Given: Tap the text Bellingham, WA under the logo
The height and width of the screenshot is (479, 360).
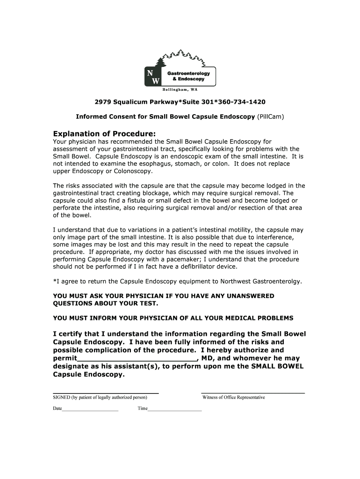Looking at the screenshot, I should [180, 89].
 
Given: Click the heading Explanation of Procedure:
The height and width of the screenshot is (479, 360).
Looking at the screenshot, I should [104, 133].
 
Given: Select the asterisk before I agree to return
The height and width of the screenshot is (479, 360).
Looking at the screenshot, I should [55, 281].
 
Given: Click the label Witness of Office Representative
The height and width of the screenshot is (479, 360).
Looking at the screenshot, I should [233, 398].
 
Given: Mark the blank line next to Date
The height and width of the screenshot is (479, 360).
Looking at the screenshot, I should [90, 409].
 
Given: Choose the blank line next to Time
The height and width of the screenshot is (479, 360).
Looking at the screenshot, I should [175, 409].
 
